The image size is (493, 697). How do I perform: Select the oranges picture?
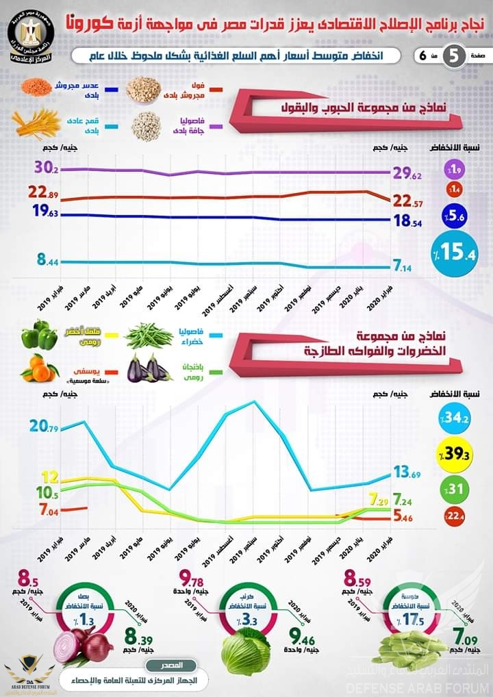(x=39, y=369)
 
